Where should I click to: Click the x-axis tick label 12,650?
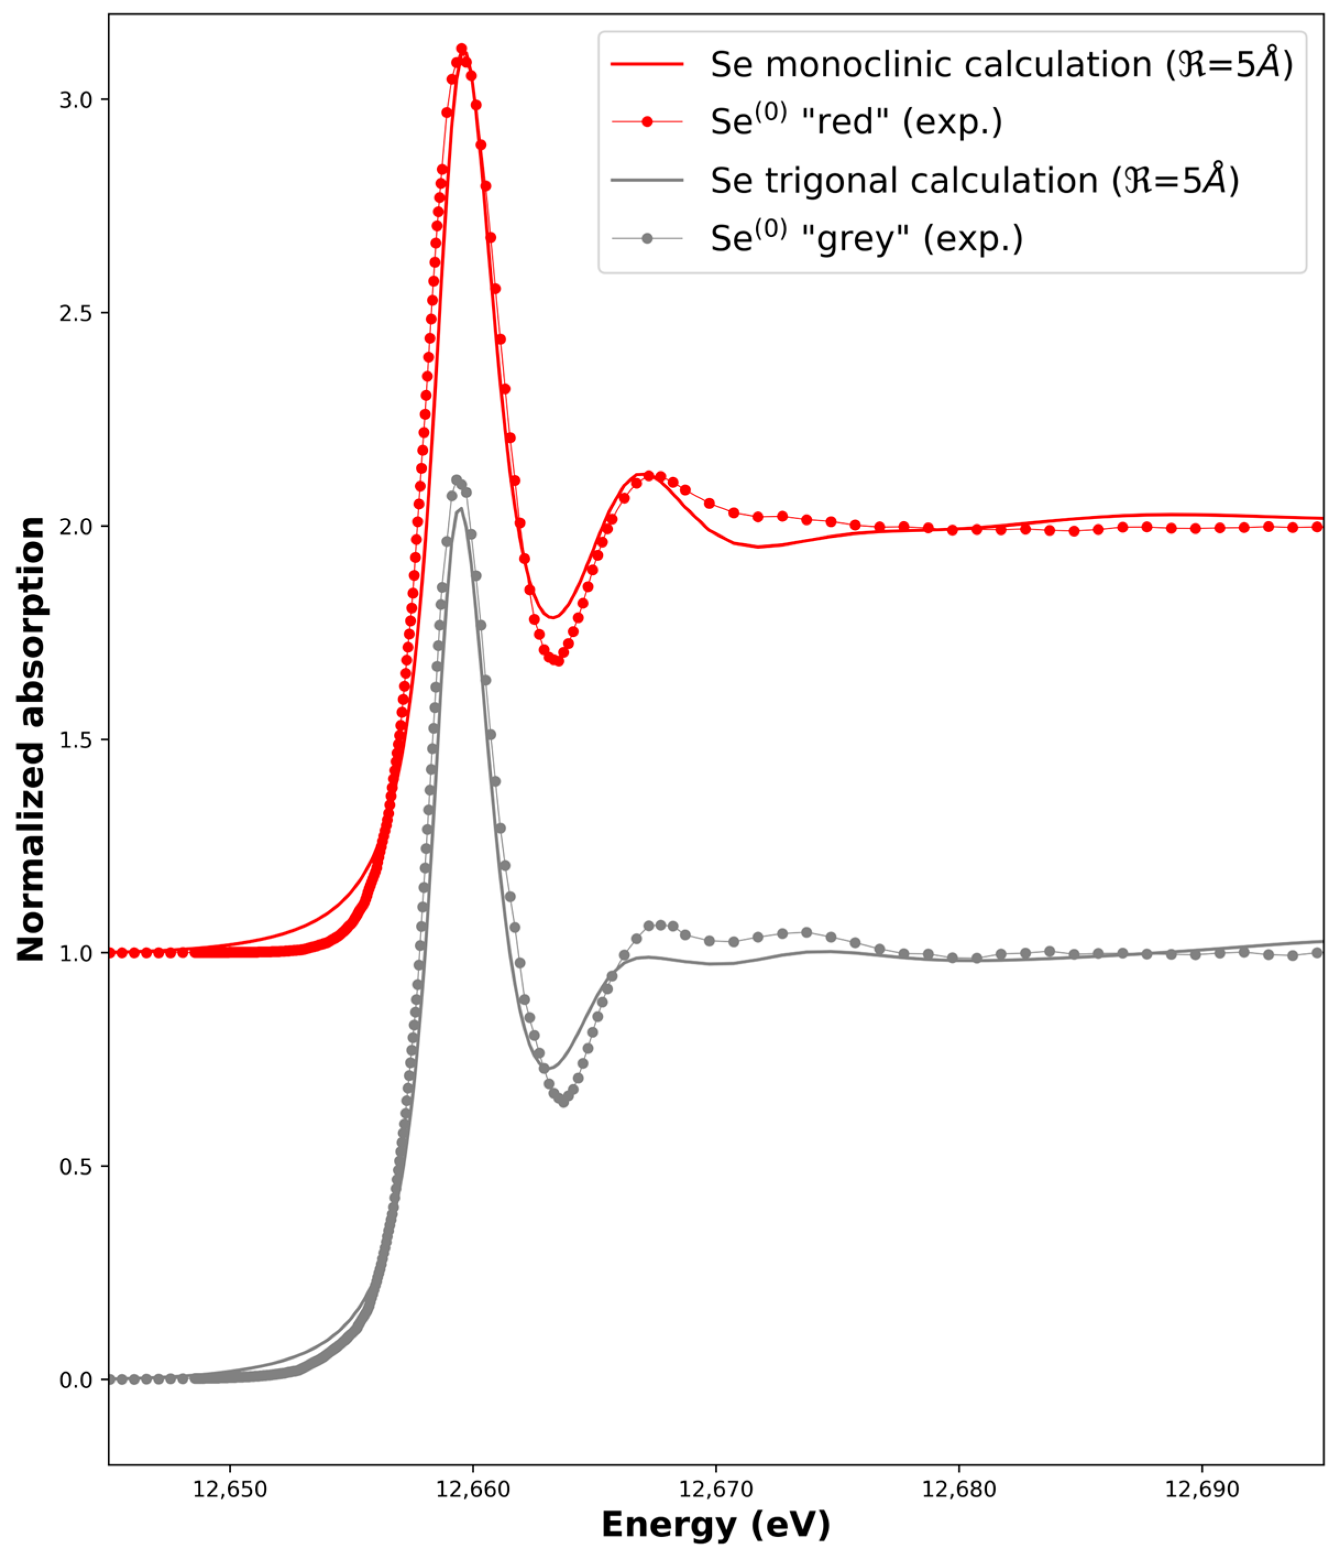pyautogui.click(x=230, y=1489)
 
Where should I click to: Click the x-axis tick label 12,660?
pyautogui.click(x=473, y=1489)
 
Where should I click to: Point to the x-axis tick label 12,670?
pyautogui.click(x=716, y=1489)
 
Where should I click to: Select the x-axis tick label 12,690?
pyautogui.click(x=1202, y=1489)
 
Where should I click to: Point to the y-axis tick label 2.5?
pyautogui.click(x=75, y=313)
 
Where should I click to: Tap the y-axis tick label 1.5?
pyautogui.click(x=75, y=740)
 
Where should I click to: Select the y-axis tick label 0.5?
pyautogui.click(x=75, y=1166)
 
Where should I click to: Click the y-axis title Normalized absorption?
pyautogui.click(x=31, y=739)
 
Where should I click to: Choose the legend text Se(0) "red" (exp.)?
pyautogui.click(x=856, y=122)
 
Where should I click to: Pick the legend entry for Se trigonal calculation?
pyautogui.click(x=974, y=180)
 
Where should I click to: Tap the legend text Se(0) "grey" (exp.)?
pyautogui.click(x=866, y=239)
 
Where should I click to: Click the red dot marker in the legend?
pyautogui.click(x=647, y=122)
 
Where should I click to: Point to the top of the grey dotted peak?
pyautogui.click(x=455, y=479)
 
